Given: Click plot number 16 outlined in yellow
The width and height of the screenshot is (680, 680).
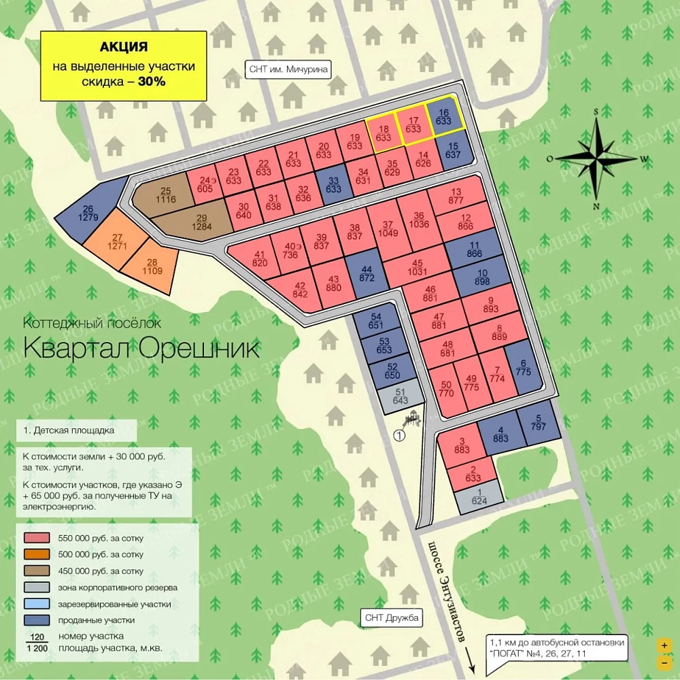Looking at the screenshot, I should tap(444, 117).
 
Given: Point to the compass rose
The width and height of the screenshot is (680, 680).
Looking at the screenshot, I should tap(596, 158).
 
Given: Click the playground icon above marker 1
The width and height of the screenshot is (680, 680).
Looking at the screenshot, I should tap(413, 419).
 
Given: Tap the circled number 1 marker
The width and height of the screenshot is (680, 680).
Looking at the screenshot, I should tap(399, 436).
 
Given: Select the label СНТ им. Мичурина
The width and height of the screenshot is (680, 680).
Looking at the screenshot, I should tap(288, 69).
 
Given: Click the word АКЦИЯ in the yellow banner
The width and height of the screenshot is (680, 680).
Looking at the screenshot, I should tap(124, 47).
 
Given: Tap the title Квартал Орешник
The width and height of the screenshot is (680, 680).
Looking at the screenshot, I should tap(141, 348).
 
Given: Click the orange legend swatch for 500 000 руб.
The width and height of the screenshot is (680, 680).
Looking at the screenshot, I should tap(39, 555).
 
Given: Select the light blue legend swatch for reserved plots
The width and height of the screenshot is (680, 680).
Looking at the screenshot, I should tap(39, 604).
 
